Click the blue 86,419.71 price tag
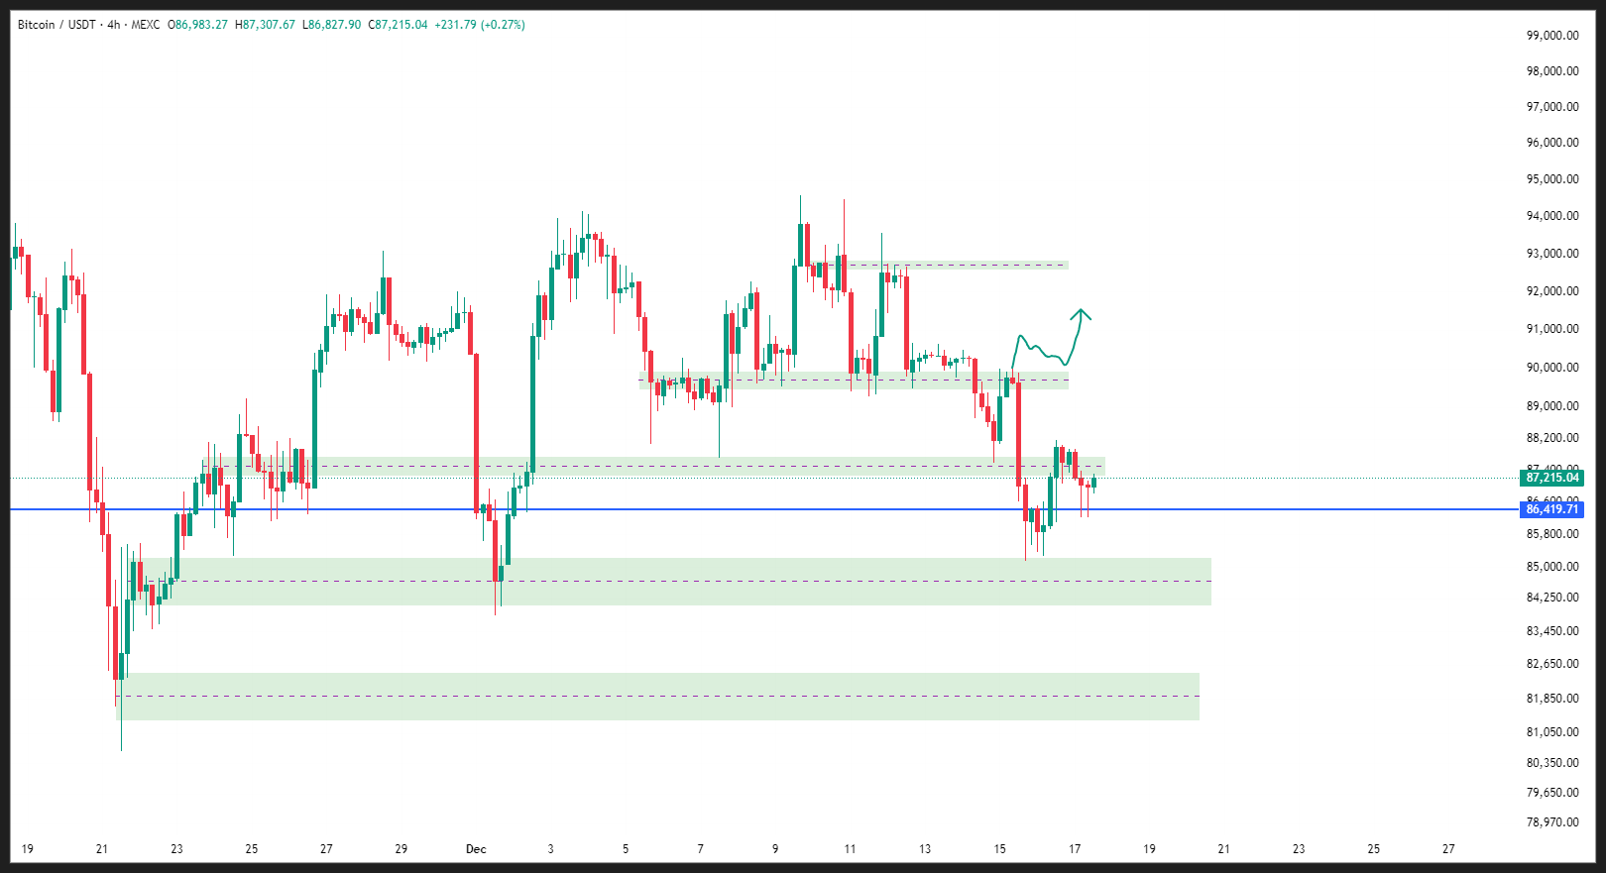click(1551, 509)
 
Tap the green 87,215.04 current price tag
click(1551, 478)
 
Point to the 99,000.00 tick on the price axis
click(1552, 36)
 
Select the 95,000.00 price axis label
click(1552, 179)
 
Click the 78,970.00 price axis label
click(1552, 822)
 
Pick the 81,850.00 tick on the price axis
click(1552, 699)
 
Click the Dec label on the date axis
click(476, 849)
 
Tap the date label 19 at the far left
click(27, 849)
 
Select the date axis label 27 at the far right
click(1448, 849)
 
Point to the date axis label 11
click(850, 849)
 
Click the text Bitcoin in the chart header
click(37, 25)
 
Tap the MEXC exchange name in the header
click(145, 25)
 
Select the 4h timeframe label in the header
click(113, 25)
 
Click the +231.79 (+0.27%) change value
click(479, 25)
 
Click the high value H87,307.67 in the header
click(265, 25)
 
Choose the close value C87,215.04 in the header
click(398, 25)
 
